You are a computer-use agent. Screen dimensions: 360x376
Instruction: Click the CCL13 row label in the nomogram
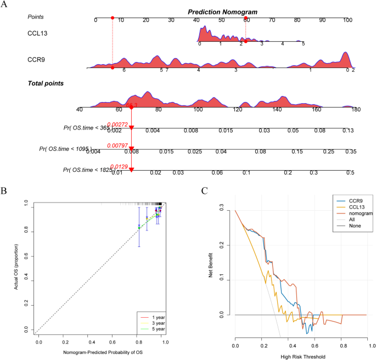coord(38,33)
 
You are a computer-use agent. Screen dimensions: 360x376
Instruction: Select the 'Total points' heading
coord(46,83)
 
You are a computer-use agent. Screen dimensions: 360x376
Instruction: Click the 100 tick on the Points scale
coord(347,20)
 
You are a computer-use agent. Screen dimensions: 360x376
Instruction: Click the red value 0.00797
coord(119,145)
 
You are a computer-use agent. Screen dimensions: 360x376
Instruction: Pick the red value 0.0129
coord(119,166)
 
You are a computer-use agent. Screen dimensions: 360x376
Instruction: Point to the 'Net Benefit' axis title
coord(211,272)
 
